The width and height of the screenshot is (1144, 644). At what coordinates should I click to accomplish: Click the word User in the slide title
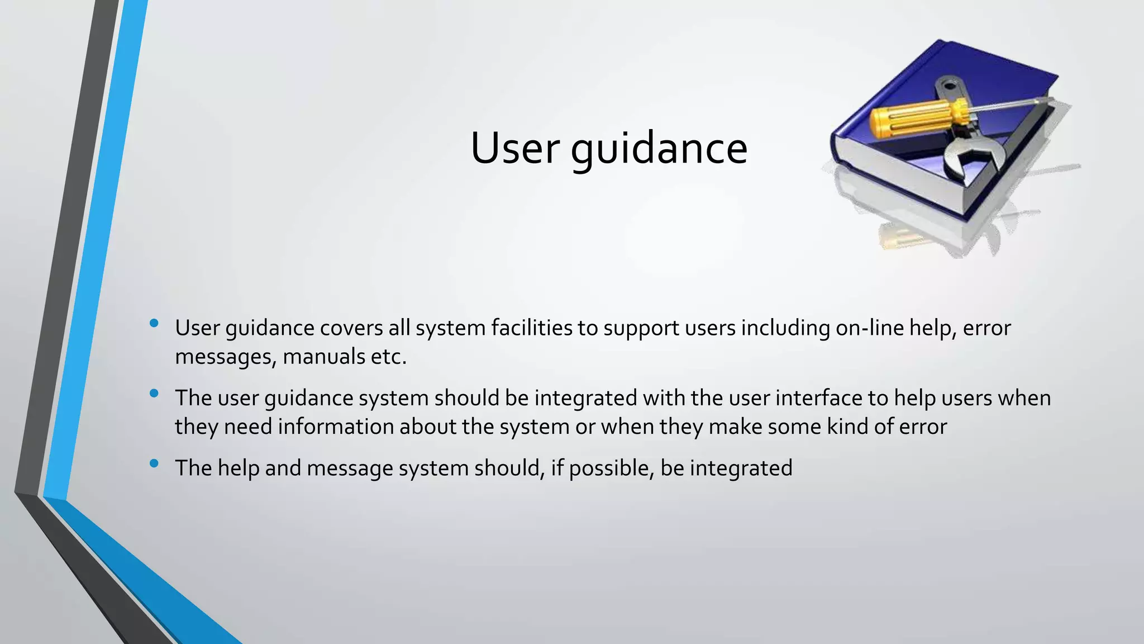pyautogui.click(x=515, y=149)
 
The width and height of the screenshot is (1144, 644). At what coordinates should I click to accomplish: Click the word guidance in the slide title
pyautogui.click(x=659, y=150)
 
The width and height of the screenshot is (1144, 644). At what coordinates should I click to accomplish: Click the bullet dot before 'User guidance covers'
pyautogui.click(x=154, y=323)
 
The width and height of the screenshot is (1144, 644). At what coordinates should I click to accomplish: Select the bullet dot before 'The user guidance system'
pyautogui.click(x=154, y=394)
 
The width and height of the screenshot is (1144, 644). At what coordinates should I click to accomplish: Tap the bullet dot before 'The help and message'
pyautogui.click(x=154, y=463)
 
